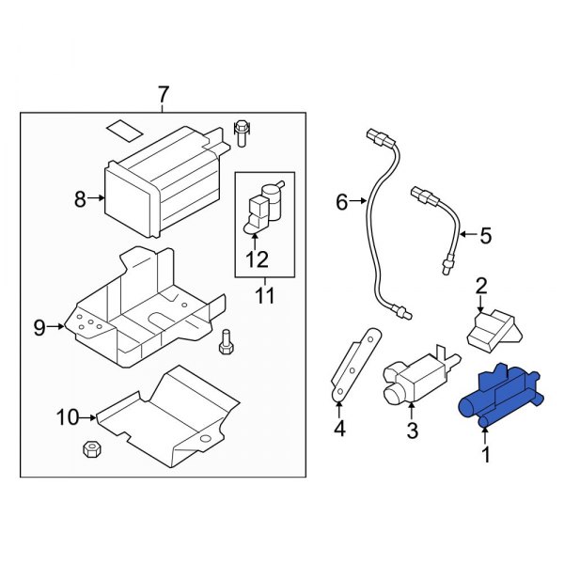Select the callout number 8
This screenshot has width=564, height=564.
coord(80,198)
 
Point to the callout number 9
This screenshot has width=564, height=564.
coord(40,327)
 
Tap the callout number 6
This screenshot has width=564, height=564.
coord(342,201)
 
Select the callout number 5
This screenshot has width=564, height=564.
coord(485,236)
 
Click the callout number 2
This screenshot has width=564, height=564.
coord(480,285)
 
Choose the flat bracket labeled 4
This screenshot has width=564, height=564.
coord(352,363)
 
